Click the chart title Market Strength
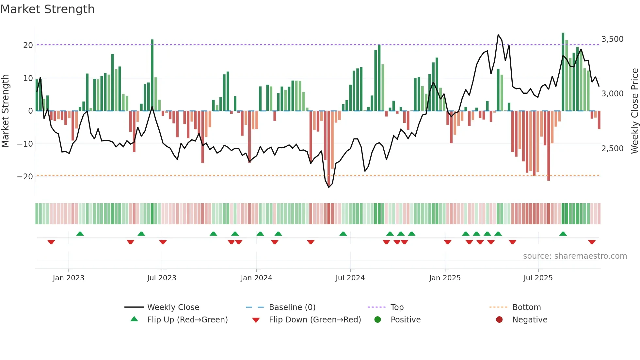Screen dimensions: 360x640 (x=47, y=9)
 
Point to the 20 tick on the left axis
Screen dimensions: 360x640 (x=28, y=45)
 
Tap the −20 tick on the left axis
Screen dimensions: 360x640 (x=25, y=177)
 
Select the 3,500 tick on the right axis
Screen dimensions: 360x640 (x=612, y=39)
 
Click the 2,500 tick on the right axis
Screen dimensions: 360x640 (x=612, y=148)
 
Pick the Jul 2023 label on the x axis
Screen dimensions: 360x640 (x=162, y=278)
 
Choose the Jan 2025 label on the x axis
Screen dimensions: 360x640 (x=445, y=278)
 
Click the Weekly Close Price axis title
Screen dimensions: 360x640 (x=634, y=111)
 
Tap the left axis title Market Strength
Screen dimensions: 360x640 (x=5, y=111)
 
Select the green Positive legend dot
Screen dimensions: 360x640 (x=378, y=320)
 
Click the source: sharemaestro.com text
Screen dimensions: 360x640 (x=575, y=256)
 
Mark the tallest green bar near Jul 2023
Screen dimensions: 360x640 (x=152, y=75)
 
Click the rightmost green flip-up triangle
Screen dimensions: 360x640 (x=563, y=234)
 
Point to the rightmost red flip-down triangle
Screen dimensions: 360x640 (x=592, y=242)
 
